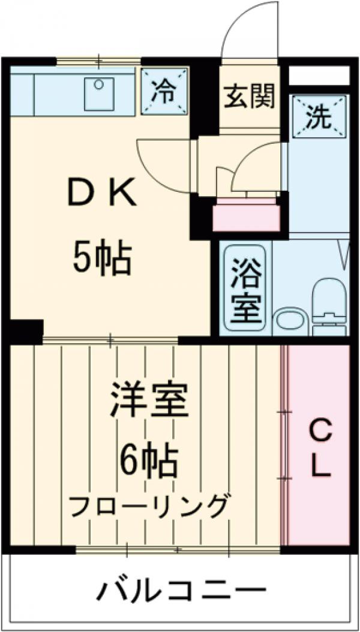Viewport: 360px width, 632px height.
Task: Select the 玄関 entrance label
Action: tap(250, 96)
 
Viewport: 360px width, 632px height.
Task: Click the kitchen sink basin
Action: tap(99, 94)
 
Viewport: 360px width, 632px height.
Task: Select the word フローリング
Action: tap(149, 507)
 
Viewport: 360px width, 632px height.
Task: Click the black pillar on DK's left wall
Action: tap(25, 330)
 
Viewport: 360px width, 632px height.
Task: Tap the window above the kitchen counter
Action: tap(99, 61)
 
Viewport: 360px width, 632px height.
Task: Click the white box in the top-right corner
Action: tap(319, 76)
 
